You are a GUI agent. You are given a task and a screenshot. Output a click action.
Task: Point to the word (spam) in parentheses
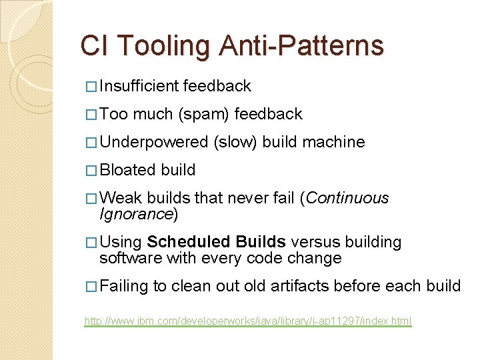pos(204,114)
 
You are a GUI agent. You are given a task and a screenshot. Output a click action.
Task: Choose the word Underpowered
pos(154,142)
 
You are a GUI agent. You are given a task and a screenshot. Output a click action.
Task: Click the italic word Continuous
pos(347,198)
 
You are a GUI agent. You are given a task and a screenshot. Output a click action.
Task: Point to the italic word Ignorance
pos(136,214)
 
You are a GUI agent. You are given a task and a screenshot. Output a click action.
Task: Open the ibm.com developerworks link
pos(248,321)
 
